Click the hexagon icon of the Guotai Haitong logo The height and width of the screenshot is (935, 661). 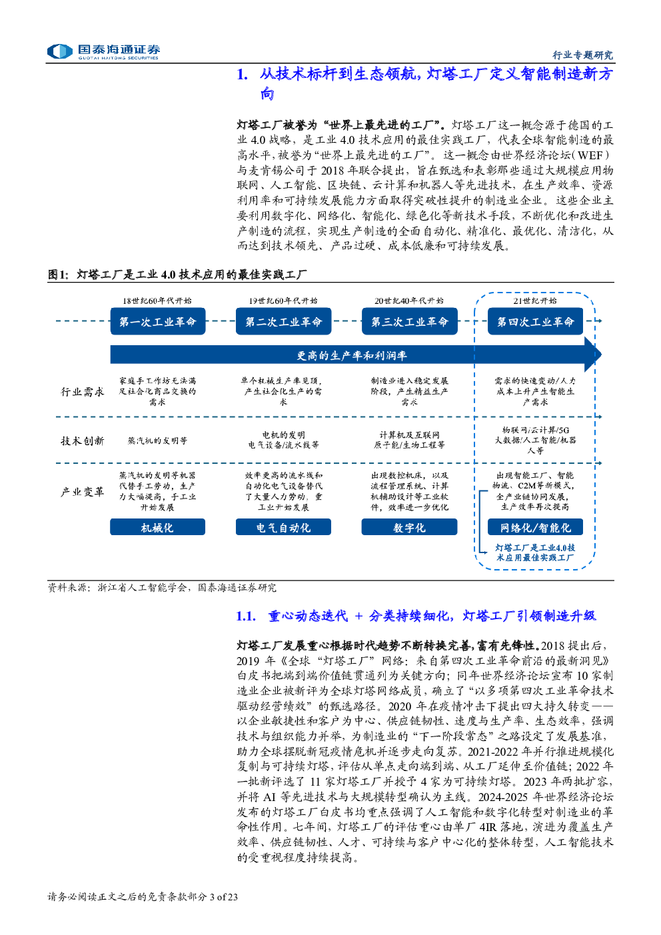tap(60, 51)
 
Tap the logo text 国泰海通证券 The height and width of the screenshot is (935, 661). tap(119, 49)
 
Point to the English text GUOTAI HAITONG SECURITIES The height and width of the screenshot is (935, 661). tap(119, 58)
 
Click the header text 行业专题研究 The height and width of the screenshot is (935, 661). tap(582, 55)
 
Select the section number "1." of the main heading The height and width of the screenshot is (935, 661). tap(243, 74)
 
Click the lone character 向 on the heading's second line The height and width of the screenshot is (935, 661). tap(267, 93)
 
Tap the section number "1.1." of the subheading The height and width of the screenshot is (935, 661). tap(246, 616)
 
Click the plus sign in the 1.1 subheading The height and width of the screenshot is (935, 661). tap(358, 616)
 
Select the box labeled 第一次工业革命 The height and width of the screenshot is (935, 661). tap(157, 321)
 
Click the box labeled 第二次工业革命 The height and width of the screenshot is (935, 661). tap(283, 321)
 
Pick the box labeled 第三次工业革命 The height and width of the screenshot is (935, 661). tap(409, 321)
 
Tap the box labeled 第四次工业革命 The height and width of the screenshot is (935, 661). tap(535, 321)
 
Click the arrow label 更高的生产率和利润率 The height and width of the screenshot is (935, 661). tap(351, 355)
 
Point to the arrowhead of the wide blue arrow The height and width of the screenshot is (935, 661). tap(593, 355)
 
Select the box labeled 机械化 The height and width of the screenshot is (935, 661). tap(157, 527)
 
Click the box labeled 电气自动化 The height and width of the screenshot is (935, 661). tap(283, 527)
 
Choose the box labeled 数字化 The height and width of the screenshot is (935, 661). tap(409, 527)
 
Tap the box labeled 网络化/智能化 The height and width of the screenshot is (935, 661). tap(535, 527)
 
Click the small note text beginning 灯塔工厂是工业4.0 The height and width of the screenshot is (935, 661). tap(535, 552)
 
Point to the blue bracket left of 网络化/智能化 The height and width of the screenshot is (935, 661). tap(480, 521)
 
